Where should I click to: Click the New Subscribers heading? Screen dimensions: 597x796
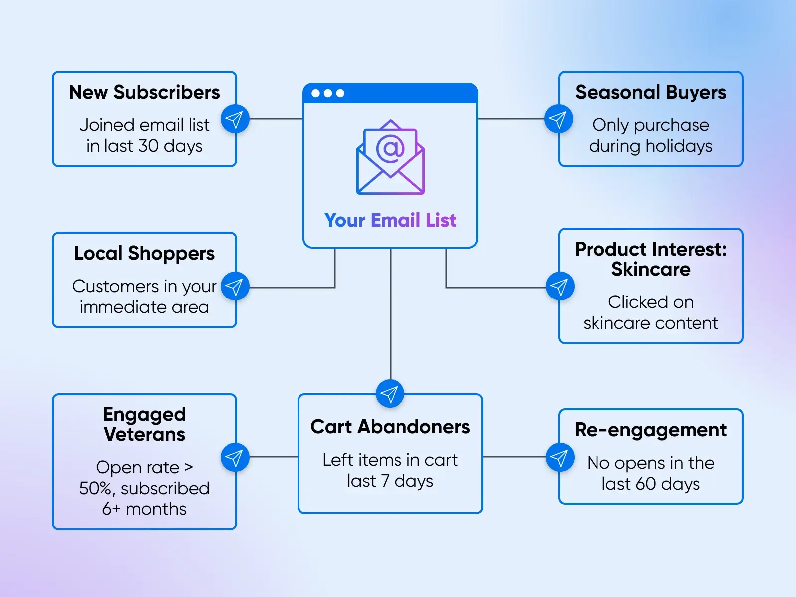pyautogui.click(x=144, y=92)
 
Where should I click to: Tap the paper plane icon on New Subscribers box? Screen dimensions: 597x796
pyautogui.click(x=235, y=119)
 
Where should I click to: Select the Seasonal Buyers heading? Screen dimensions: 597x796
pyautogui.click(x=651, y=92)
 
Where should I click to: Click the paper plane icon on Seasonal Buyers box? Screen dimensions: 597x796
pyautogui.click(x=558, y=119)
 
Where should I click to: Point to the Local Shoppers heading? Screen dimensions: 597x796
pyautogui.click(x=144, y=253)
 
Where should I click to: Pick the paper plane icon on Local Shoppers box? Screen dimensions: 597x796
pyautogui.click(x=235, y=287)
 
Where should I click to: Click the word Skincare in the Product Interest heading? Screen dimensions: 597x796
pyautogui.click(x=651, y=269)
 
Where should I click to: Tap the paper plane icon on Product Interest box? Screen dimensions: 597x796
pyautogui.click(x=560, y=287)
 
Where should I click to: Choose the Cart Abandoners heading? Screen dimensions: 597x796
pyautogui.click(x=390, y=427)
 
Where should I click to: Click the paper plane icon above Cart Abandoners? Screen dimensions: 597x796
pyautogui.click(x=390, y=394)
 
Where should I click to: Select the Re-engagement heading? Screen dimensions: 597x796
pyautogui.click(x=651, y=430)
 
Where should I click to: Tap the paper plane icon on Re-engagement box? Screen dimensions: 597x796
pyautogui.click(x=560, y=457)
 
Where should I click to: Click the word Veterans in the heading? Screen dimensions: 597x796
pyautogui.click(x=144, y=434)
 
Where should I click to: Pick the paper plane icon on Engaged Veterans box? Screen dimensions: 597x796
pyautogui.click(x=235, y=457)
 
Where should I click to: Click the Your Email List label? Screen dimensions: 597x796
pyautogui.click(x=390, y=220)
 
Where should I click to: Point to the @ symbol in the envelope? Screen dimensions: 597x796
pyautogui.click(x=391, y=148)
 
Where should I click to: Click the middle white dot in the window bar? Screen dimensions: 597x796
pyautogui.click(x=328, y=93)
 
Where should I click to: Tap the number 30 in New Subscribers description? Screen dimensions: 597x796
pyautogui.click(x=148, y=146)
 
